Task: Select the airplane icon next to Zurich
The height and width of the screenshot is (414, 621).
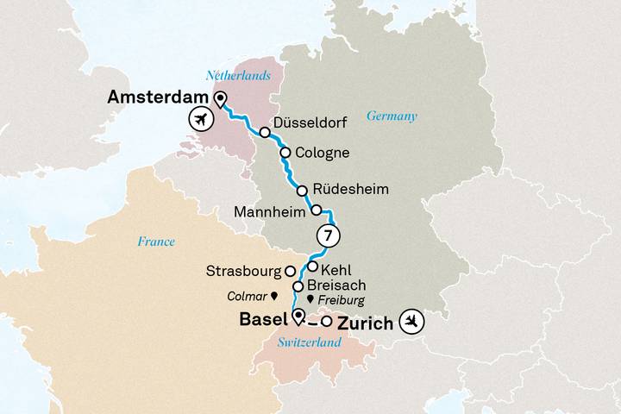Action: tap(413, 322)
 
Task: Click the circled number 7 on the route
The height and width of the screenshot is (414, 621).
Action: tap(328, 235)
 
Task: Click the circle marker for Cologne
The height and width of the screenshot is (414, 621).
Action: tap(284, 154)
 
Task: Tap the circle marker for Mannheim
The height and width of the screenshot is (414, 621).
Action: tap(317, 210)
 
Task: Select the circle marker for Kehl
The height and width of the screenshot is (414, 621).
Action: tap(313, 267)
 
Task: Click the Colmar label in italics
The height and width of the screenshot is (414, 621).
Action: tap(247, 295)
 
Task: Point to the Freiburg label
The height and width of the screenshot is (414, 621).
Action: tap(342, 300)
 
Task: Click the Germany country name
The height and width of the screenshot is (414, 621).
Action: tap(392, 116)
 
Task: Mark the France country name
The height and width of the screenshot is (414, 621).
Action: tap(155, 241)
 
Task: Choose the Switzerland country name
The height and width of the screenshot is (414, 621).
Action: tap(310, 342)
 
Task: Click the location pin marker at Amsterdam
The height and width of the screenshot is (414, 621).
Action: tap(220, 98)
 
